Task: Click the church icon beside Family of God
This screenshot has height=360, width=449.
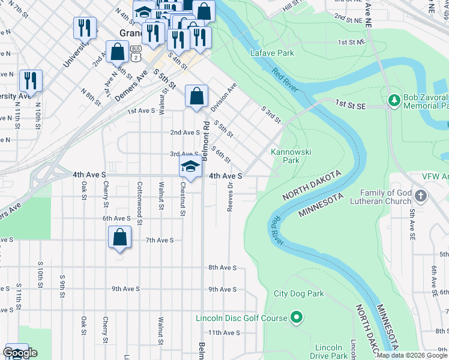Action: pyautogui.click(x=421, y=196)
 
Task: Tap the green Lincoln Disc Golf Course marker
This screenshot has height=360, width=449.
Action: pyautogui.click(x=296, y=317)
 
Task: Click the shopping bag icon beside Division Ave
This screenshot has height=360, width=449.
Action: pyautogui.click(x=196, y=95)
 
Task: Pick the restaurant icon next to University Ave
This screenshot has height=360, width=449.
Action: pyautogui.click(x=85, y=28)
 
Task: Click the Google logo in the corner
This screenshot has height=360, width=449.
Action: pyautogui.click(x=20, y=353)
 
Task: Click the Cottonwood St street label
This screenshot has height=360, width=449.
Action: pyautogui.click(x=139, y=196)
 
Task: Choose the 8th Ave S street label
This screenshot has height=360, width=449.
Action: pyautogui.click(x=223, y=268)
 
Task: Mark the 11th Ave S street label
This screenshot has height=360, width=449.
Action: pyautogui.click(x=224, y=332)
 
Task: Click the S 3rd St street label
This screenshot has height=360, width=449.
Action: pyautogui.click(x=271, y=115)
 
